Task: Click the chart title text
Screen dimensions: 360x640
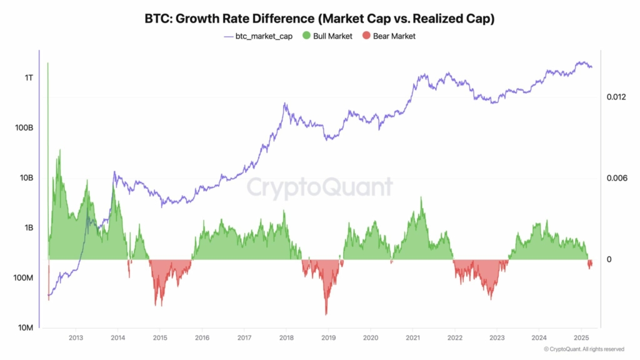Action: point(319,19)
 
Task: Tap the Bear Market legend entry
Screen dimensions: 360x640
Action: point(391,36)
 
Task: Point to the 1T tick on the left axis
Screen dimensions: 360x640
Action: point(29,78)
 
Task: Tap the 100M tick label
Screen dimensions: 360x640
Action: point(24,278)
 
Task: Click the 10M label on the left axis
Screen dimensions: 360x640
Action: point(26,328)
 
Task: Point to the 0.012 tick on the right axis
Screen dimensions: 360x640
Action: point(616,97)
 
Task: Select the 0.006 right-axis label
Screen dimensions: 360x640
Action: point(616,179)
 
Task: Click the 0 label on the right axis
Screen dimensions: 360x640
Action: point(609,259)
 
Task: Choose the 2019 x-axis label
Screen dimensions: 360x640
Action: point(328,338)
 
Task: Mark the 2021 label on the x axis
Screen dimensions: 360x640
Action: point(412,338)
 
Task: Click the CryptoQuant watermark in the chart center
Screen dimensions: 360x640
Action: point(319,187)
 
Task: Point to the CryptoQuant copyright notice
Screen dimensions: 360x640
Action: point(584,349)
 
